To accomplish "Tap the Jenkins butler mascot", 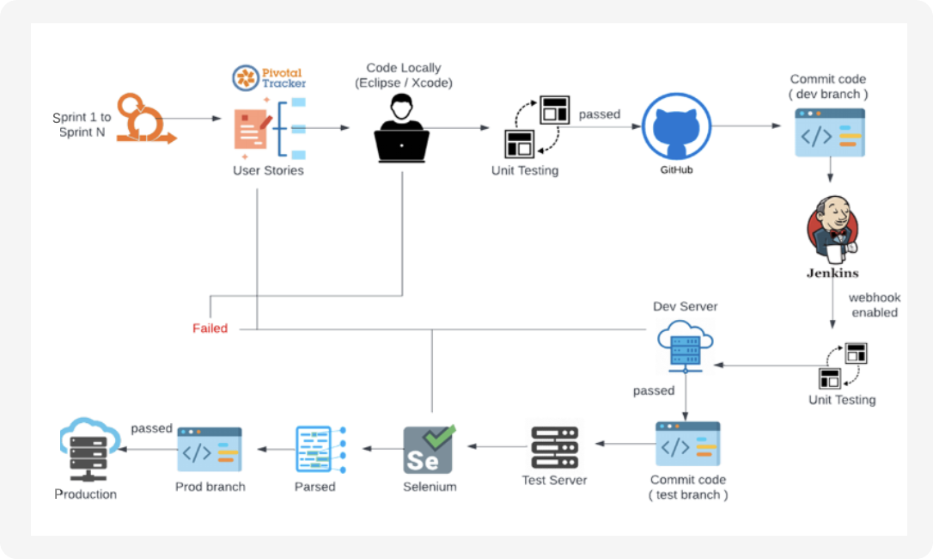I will point(831,230).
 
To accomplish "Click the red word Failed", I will point(210,328).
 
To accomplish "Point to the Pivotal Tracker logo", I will point(270,77).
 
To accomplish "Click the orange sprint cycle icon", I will point(146,119).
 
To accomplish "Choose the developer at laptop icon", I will point(401,128).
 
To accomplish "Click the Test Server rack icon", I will point(554,447).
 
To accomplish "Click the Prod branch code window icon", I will point(210,449).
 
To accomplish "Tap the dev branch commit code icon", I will point(829,132).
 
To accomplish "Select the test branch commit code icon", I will point(687,444).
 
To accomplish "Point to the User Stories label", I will point(268,170).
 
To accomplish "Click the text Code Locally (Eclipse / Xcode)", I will point(403,76).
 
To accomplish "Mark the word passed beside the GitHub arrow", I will point(600,114).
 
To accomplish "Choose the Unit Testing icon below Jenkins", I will point(842,365).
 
